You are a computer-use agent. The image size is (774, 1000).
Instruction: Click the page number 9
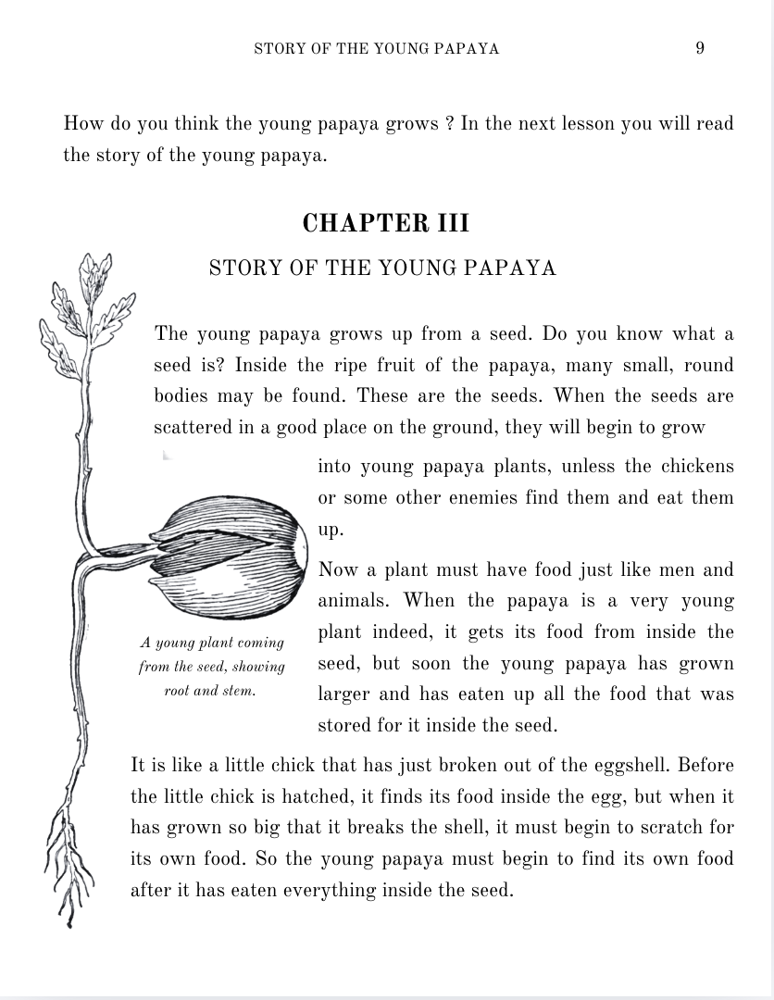click(700, 48)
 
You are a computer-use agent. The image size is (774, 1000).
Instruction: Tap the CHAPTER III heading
click(386, 223)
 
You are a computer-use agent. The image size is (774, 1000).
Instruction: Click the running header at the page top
click(377, 49)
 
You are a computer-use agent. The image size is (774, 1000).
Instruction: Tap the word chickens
click(697, 467)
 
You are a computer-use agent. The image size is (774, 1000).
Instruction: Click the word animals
click(357, 601)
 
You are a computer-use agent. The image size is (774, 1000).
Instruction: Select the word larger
click(347, 694)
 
